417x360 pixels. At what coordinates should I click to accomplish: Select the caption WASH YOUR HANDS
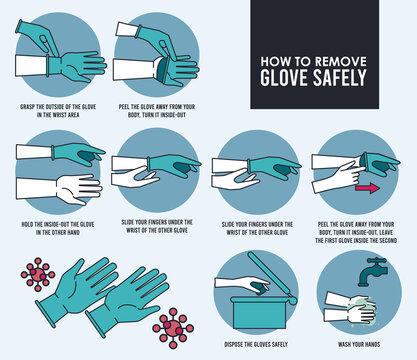click(x=358, y=344)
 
